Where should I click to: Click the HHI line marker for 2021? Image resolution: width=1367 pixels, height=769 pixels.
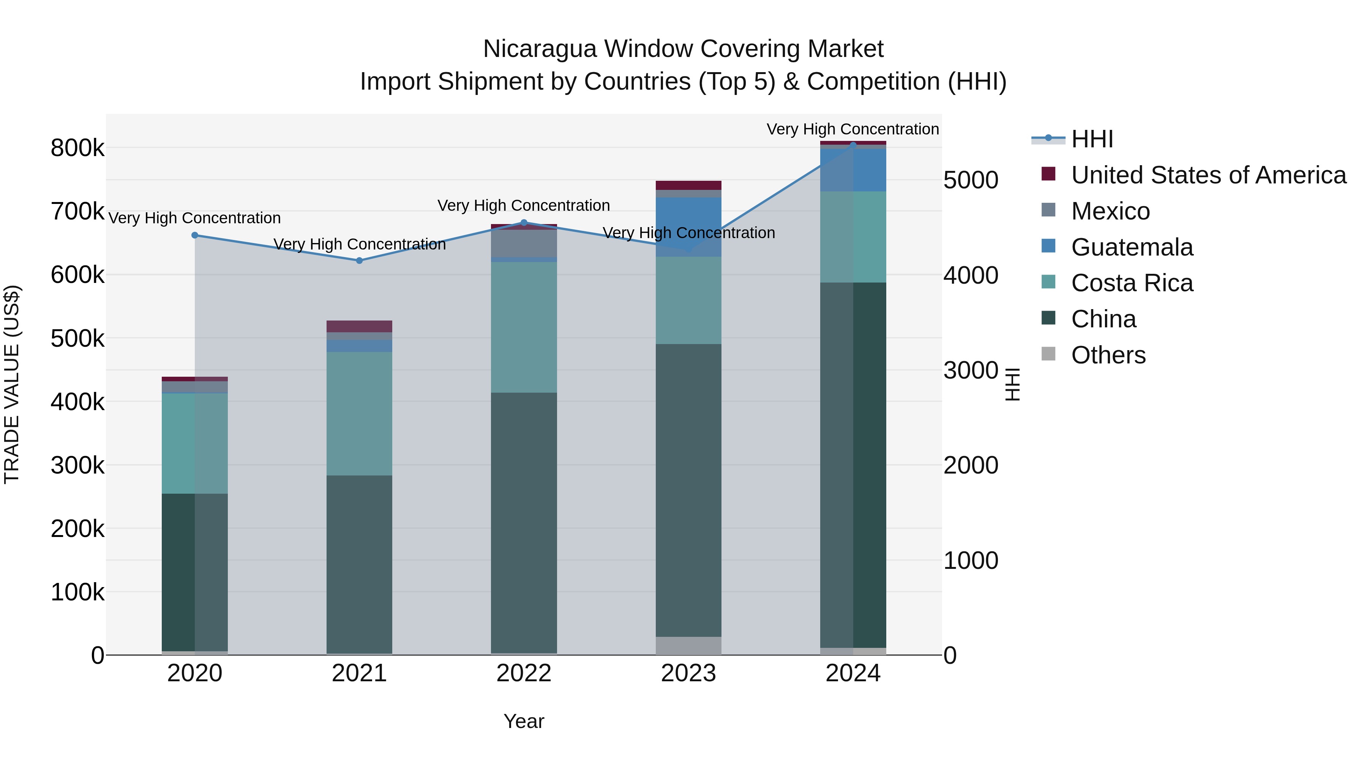coord(359,261)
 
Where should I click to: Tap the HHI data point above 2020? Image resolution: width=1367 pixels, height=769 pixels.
coord(195,235)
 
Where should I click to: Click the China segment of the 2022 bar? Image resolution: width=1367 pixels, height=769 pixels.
coord(524,523)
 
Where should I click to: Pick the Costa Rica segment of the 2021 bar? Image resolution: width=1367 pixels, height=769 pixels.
coord(359,414)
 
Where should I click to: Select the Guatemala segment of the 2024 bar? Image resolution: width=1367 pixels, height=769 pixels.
coord(853,170)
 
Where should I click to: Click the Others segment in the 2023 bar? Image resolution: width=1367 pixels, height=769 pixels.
coord(688,645)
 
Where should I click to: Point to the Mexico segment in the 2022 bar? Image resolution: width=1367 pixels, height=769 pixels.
coord(524,243)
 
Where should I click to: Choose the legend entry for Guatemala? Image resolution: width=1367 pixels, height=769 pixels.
coord(1132,247)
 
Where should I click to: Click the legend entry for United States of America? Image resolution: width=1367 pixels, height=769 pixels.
coord(1208,175)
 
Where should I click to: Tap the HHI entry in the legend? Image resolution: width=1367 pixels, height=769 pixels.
coord(1092,139)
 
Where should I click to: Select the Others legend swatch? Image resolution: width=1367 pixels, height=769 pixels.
coord(1048,354)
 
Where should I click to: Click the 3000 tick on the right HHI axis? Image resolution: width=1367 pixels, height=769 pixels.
coord(971,370)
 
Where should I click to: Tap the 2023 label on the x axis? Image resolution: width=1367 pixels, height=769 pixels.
coord(688,673)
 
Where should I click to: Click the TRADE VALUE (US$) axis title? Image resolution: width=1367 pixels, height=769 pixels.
coord(12,384)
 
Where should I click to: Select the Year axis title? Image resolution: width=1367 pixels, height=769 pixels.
coord(524,721)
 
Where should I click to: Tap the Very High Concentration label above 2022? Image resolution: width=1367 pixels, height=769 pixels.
coord(523,205)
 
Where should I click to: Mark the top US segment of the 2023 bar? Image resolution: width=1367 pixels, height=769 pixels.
coord(688,185)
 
